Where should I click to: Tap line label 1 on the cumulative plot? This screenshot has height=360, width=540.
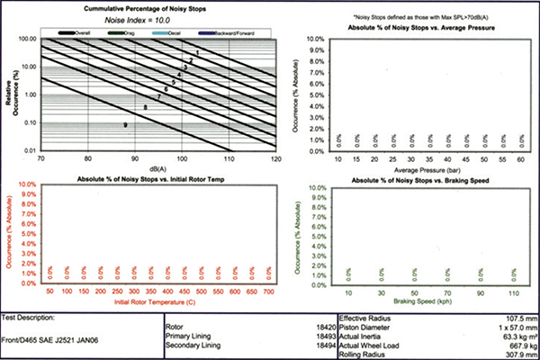[196, 54]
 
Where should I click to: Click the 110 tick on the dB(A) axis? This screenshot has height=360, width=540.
[229, 157]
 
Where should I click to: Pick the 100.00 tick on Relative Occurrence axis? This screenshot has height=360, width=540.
[26, 40]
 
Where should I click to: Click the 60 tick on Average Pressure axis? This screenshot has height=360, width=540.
[520, 158]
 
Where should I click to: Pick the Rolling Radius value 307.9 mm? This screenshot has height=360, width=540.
[511, 353]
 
